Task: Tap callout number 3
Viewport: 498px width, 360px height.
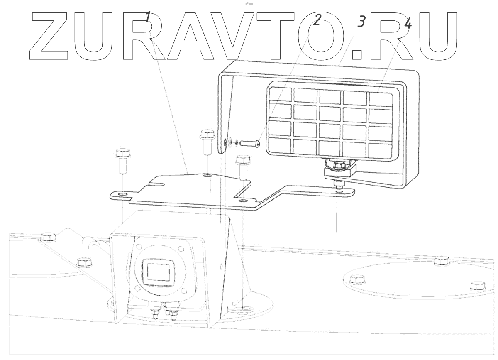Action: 361,21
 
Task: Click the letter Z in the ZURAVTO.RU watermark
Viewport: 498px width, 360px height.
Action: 52,37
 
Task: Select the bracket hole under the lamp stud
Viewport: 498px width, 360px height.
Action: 339,192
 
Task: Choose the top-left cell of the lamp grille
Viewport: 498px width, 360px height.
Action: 281,95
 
